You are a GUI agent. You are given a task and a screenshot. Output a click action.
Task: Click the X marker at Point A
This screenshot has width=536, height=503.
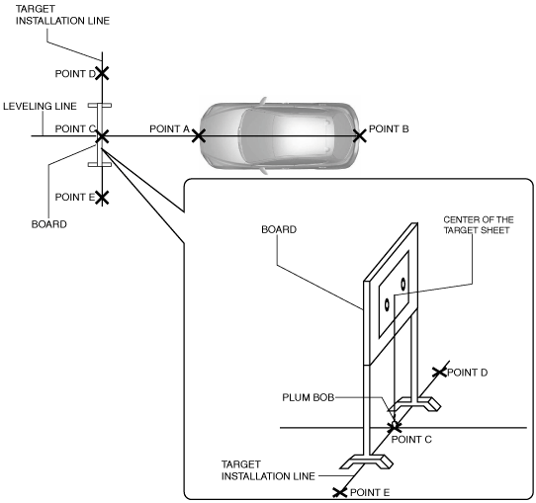199,136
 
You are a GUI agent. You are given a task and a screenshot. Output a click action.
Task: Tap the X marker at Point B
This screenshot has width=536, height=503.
360,136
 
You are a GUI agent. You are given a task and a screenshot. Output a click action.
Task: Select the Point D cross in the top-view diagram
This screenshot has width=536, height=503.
102,73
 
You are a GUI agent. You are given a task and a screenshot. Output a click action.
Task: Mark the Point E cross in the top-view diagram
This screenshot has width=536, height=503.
102,198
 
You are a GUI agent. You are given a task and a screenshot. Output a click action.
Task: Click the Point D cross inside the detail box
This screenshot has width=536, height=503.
440,373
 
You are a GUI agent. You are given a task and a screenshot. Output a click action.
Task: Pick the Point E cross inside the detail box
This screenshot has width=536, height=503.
340,492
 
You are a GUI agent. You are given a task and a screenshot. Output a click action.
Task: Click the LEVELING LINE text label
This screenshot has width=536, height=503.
40,106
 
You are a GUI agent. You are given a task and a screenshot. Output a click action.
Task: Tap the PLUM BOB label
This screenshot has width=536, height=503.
308,397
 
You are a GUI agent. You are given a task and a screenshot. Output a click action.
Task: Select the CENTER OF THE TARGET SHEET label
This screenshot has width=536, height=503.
479,224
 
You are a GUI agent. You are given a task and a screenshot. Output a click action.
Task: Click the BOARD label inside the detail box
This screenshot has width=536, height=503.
279,229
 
